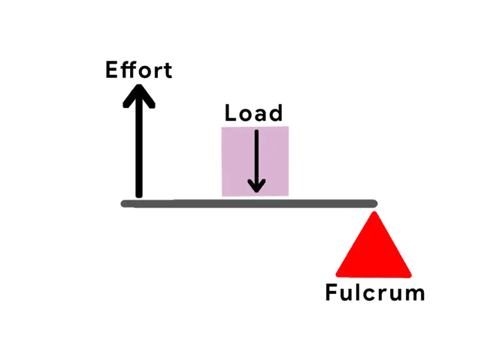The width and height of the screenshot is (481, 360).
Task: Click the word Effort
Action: pos(141,71)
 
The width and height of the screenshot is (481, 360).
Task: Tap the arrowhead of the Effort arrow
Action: pos(140,96)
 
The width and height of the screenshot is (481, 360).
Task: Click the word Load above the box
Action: pos(253,113)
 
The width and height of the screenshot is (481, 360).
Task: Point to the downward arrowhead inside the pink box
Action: pos(257,184)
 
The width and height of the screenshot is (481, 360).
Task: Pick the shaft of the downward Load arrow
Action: pos(257,154)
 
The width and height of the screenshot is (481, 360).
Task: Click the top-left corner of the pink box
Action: pos(219,127)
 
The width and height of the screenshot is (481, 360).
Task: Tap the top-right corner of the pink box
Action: pos(292,127)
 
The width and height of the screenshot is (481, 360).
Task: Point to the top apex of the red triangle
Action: pos(374,212)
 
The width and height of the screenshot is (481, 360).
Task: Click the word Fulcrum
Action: pos(374,292)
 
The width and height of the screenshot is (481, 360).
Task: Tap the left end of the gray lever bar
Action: pos(123,202)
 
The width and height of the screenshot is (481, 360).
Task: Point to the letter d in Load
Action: pos(275,113)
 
